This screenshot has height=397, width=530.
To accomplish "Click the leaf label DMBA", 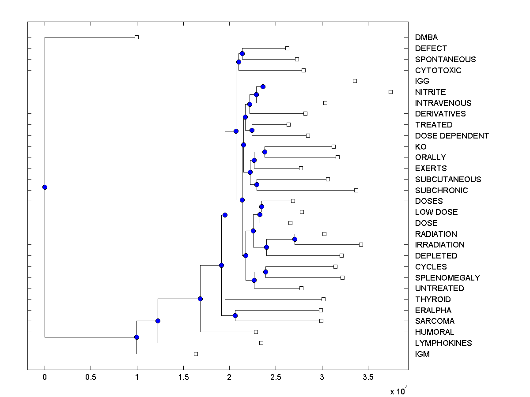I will [426, 37].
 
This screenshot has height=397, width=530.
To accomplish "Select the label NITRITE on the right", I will [430, 92].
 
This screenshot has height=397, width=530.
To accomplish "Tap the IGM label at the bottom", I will [422, 354].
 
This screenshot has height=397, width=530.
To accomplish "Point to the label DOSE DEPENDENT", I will [452, 136].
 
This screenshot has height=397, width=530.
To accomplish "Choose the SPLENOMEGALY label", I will [447, 278].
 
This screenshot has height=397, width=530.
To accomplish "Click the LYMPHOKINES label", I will [443, 343].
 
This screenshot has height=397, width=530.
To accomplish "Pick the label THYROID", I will [433, 300].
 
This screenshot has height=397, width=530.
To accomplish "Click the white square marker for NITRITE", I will [390, 92].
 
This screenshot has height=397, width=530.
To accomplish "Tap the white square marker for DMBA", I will [136, 37].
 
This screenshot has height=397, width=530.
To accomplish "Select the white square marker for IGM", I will [196, 354].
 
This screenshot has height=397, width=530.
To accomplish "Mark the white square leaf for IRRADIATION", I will [361, 244].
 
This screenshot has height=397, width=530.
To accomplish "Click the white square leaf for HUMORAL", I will [256, 332].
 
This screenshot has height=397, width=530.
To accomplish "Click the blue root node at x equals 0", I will [45, 187].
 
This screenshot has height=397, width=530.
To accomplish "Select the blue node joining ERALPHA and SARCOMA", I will [235, 315].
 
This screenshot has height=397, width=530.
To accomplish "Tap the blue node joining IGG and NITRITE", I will [263, 86].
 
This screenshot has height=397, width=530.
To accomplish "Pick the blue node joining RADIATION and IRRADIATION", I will [295, 239].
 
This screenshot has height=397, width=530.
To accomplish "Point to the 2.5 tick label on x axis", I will [276, 378].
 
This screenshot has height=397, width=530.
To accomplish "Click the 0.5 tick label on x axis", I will [91, 378].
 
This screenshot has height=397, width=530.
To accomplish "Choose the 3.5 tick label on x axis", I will [368, 378].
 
